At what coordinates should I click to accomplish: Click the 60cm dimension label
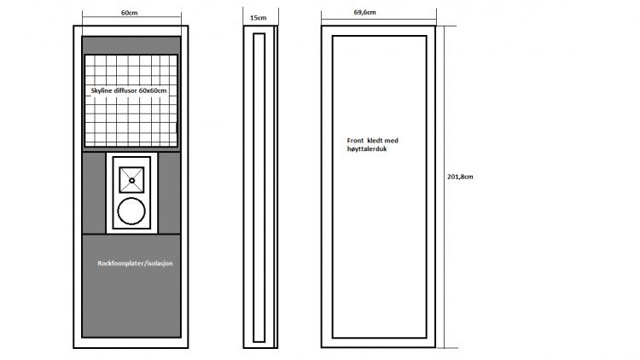[130, 13]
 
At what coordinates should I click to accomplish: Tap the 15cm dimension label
[258, 18]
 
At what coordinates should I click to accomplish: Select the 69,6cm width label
[365, 12]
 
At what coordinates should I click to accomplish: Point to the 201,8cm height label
[460, 177]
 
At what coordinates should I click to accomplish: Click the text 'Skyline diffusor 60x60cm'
[129, 90]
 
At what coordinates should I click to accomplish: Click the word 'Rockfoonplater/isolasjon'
[135, 264]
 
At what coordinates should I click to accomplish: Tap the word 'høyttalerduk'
[367, 149]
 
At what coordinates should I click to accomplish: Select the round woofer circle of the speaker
[131, 212]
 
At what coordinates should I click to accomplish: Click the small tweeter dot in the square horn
[131, 180]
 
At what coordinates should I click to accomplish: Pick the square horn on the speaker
[131, 180]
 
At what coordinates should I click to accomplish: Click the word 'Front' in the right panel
[355, 141]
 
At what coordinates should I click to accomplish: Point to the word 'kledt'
[375, 141]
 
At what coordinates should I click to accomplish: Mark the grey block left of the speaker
[94, 193]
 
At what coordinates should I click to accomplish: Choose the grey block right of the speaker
[169, 193]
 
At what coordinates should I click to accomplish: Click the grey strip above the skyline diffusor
[131, 45]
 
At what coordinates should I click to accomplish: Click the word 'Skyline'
[102, 90]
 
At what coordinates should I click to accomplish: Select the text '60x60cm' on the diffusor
[153, 90]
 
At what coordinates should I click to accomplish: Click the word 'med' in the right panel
[392, 141]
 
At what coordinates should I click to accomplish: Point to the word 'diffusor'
[125, 90]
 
